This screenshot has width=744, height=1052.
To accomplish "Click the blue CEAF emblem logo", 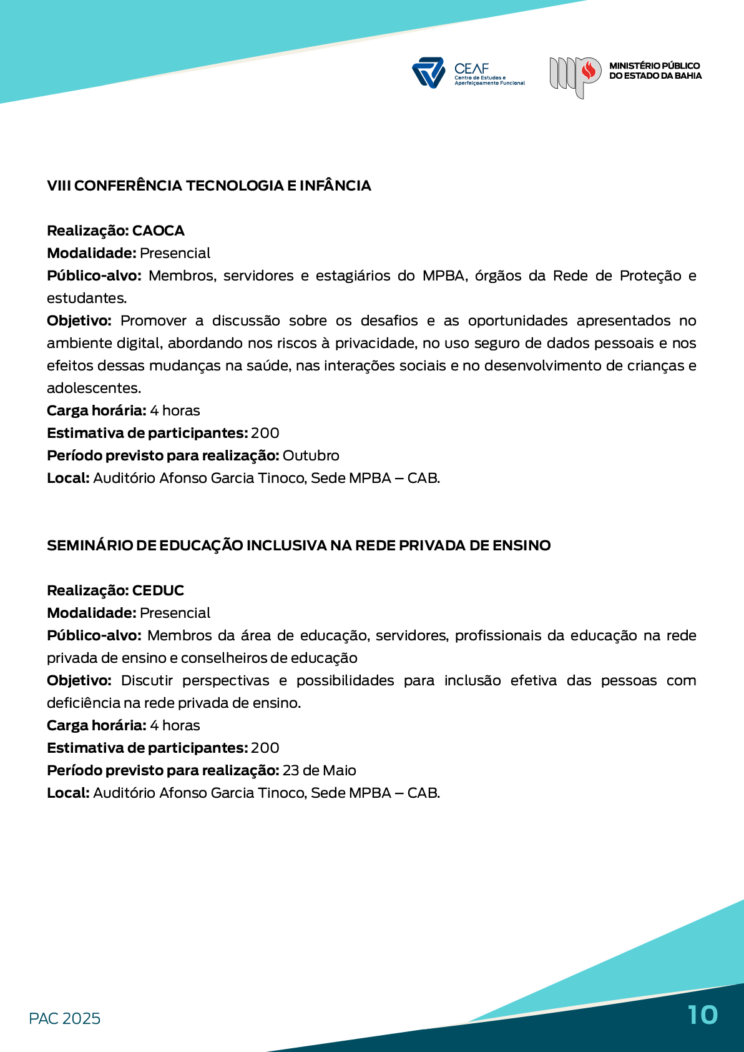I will (428, 72).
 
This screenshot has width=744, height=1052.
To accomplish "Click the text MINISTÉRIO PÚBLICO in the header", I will (654, 66).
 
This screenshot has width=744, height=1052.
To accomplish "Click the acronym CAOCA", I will (159, 231).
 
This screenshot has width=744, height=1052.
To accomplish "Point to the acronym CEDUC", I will (158, 590).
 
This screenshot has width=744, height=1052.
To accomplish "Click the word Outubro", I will (311, 455).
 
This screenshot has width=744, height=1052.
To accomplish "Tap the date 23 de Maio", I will (319, 770).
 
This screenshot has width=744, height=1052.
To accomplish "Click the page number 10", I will (703, 1015).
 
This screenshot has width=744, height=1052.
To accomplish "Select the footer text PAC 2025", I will (64, 1018).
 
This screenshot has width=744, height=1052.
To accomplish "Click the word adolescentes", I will (94, 388).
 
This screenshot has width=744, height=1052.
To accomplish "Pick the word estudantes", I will (86, 298).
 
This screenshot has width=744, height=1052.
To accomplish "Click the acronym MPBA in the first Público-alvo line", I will (444, 275).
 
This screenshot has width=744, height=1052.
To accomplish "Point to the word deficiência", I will (84, 703).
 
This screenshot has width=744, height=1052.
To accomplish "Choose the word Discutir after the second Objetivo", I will (147, 680).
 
